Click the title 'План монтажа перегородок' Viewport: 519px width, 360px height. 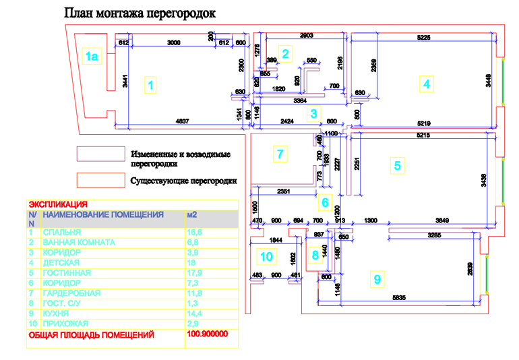[140, 13]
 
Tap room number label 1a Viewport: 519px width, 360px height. [92, 57]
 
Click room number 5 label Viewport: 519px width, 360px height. [398, 164]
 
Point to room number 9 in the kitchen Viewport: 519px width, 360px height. [377, 278]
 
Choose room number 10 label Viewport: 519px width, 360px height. [267, 256]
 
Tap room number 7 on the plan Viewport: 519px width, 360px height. [281, 154]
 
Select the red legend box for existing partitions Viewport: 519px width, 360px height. [99, 180]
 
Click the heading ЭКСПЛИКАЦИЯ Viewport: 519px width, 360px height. [58, 202]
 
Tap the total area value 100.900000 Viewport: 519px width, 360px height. [208, 334]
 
